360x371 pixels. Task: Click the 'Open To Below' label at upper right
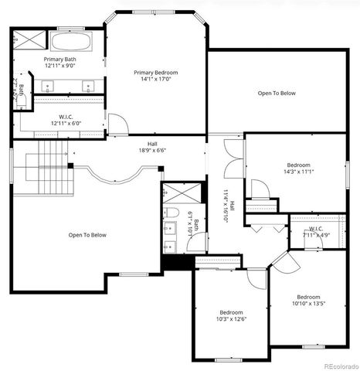coord(277,93)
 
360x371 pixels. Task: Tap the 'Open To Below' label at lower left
coord(87,235)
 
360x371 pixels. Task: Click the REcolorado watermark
coord(340,366)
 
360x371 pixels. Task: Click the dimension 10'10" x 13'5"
coord(308,304)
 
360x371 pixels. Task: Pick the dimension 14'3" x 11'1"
coord(299,172)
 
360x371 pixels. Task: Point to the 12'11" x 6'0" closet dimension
coord(66,124)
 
